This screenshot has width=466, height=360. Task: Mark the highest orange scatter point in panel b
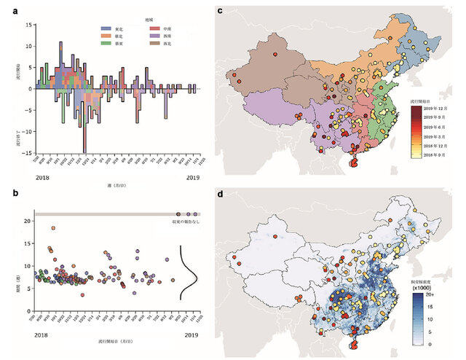[x=53, y=228]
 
